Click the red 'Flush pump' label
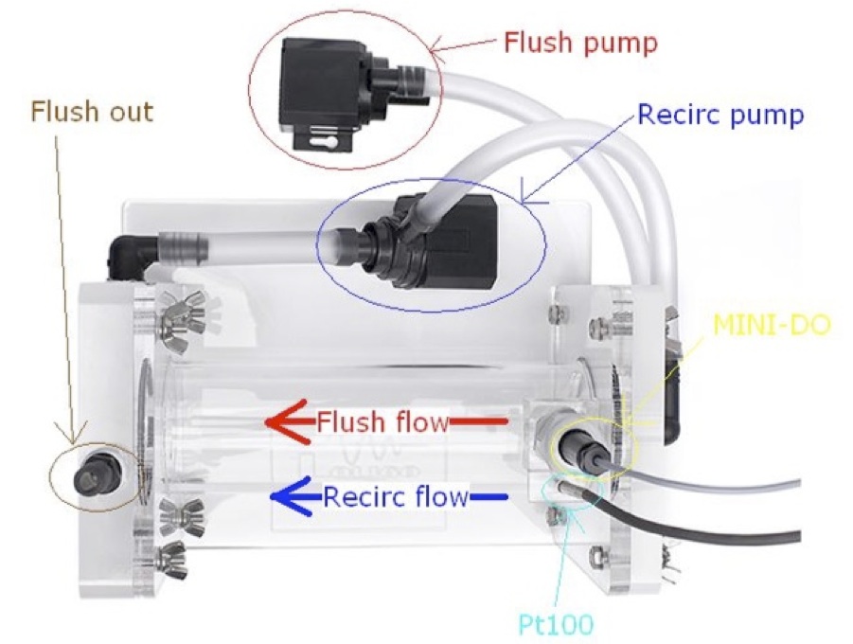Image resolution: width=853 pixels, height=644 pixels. click(580, 42)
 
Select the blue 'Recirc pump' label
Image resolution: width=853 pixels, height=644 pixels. click(720, 116)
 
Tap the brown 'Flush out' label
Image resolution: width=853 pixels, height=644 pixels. click(92, 111)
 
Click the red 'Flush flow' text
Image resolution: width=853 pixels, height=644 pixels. click(382, 422)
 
